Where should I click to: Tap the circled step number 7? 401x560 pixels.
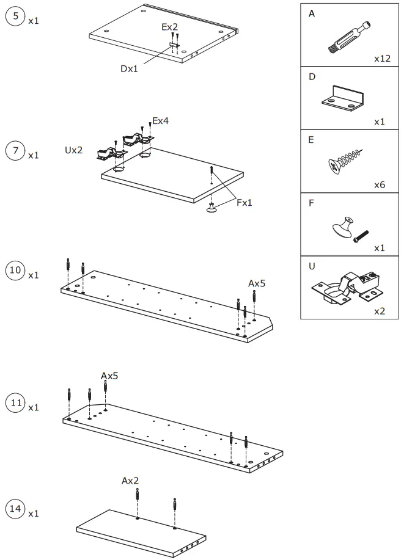click(x=15, y=151)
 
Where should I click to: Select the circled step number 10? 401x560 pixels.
click(x=15, y=271)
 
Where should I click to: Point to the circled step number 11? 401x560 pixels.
click(x=15, y=402)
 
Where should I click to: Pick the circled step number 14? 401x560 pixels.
click(x=15, y=509)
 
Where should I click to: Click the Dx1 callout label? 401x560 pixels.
click(x=129, y=68)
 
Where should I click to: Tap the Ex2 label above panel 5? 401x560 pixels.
click(x=169, y=27)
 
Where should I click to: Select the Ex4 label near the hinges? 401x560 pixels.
click(x=160, y=121)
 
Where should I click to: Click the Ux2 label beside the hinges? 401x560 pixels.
click(x=73, y=150)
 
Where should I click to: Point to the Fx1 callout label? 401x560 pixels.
click(x=245, y=203)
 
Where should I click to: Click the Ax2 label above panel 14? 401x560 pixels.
click(x=130, y=481)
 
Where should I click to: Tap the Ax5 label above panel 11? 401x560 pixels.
click(x=109, y=376)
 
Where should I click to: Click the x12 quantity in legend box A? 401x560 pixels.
click(x=382, y=59)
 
